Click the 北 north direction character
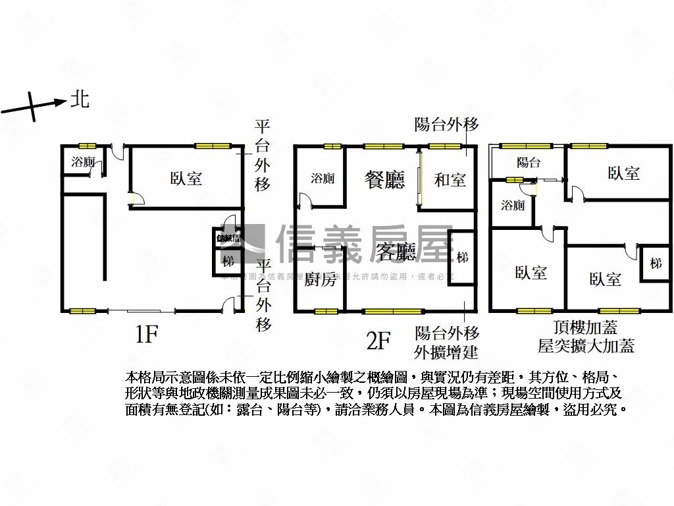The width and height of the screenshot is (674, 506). (x=80, y=100)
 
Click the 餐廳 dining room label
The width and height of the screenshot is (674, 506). (x=385, y=180)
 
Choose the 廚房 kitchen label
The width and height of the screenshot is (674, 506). (x=320, y=281)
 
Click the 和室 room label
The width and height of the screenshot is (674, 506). (x=450, y=179)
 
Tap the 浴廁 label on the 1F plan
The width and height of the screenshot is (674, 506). (x=84, y=162)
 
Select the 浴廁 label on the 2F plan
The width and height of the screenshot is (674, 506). (x=323, y=179)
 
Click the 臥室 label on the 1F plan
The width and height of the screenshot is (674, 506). (x=186, y=178)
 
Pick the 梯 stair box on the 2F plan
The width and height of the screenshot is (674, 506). (x=462, y=257)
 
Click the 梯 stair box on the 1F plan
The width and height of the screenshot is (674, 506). (x=228, y=261)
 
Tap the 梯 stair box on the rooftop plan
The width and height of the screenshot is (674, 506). (x=656, y=264)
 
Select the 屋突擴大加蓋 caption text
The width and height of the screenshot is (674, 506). (x=586, y=345)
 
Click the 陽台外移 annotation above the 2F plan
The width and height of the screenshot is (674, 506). (x=446, y=124)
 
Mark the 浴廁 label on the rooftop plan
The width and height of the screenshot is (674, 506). (x=513, y=205)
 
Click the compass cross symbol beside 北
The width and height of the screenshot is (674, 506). (x=32, y=105)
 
